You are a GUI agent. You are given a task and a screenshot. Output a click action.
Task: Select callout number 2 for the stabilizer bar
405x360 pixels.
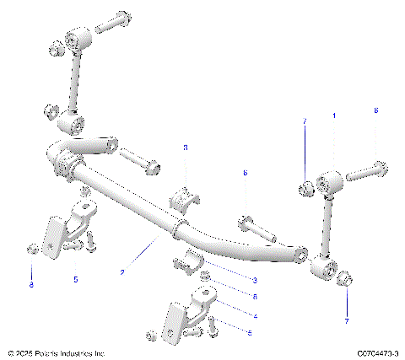pos(123,272)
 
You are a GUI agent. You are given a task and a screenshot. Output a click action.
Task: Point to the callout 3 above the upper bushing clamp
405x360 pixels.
pos(186,148)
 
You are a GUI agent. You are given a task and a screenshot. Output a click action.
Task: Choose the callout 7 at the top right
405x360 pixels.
pos(305,122)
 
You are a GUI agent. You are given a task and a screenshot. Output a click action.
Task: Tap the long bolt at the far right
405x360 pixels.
pos(366,171)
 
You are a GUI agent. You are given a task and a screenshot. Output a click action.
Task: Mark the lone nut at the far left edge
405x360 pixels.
pos(31,248)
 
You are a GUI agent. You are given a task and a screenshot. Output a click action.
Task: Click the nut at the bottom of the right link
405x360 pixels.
pos(345,280)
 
